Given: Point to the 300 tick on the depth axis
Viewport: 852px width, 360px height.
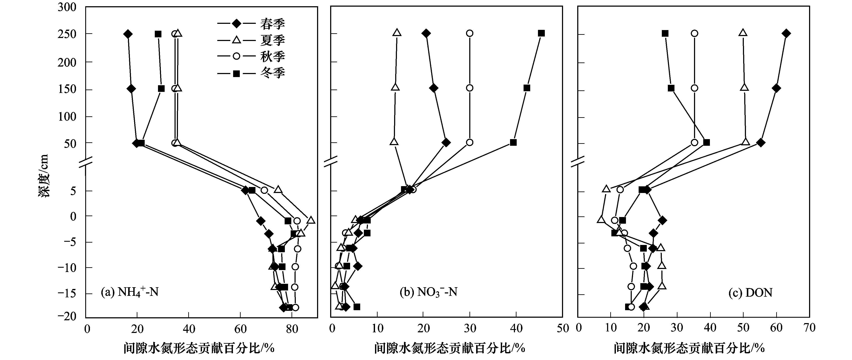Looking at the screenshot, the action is tap(67, 7).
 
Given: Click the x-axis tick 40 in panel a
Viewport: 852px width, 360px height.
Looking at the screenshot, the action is tap(189, 328).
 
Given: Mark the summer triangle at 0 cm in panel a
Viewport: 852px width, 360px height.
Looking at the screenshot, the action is tap(311, 220).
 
